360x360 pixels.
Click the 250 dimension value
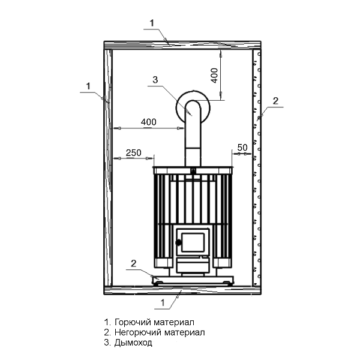coord(133,152)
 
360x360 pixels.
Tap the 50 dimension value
coord(242,148)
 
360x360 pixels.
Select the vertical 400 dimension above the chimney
coord(214,76)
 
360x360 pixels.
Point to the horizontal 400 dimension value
coord(149,122)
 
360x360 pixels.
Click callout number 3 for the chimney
coord(155,80)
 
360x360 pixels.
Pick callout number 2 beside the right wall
coord(275,101)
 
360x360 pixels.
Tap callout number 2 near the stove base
coord(133,263)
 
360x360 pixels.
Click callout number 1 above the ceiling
coord(152,23)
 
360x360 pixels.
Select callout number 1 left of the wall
coord(88,86)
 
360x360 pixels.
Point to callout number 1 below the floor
coord(163,303)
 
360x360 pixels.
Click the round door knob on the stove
coord(178,242)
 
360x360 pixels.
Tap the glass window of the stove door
coord(193,242)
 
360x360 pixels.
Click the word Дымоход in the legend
coord(133,343)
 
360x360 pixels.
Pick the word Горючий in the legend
coord(133,322)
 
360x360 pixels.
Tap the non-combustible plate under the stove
coord(193,281)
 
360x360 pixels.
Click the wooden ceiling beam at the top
coord(182,45)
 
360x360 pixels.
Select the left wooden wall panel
coord(108,167)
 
